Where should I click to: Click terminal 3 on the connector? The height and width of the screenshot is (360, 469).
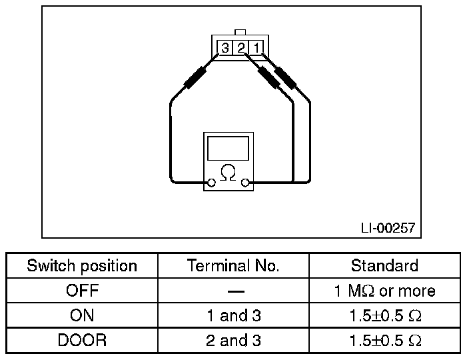click(x=225, y=47)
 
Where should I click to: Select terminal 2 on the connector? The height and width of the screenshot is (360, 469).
click(x=241, y=47)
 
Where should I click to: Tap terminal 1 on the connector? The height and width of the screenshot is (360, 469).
click(x=257, y=47)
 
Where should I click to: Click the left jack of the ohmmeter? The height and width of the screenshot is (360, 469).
click(x=211, y=182)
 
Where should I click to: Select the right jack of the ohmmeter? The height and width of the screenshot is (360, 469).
click(x=245, y=182)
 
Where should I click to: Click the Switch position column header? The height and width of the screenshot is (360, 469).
click(x=82, y=266)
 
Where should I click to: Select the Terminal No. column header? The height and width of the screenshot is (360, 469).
click(x=233, y=266)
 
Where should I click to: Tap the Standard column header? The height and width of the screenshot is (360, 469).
click(x=384, y=266)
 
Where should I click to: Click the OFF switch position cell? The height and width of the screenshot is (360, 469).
click(x=82, y=291)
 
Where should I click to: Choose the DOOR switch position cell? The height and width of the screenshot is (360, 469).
click(x=82, y=340)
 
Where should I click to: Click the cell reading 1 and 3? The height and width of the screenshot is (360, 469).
click(x=233, y=315)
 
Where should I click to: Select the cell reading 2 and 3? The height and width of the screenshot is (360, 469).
click(x=233, y=340)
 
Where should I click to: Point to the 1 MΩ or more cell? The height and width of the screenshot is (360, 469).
click(x=384, y=291)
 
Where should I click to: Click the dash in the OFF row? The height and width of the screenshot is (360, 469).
click(x=234, y=291)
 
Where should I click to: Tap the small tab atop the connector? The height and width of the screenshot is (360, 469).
click(x=241, y=31)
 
